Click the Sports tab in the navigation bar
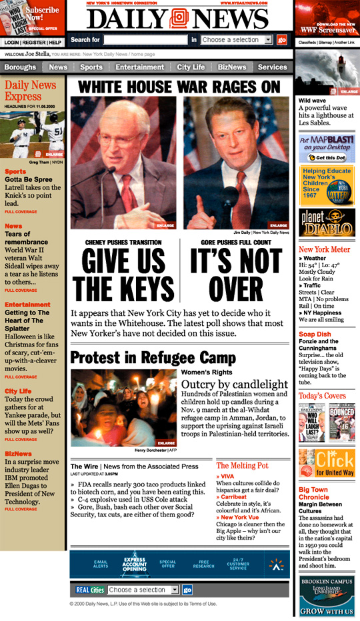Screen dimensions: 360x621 pos(91,67)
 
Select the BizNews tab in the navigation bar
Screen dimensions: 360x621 pos(231,67)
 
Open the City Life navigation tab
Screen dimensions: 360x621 pos(191,67)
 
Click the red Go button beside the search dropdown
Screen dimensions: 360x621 pos(281,40)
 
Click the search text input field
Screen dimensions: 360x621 pos(145,40)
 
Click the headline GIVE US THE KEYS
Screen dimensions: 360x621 pos(123,275)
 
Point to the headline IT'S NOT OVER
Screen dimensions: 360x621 pos(236,275)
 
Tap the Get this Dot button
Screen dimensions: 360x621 pos(326,158)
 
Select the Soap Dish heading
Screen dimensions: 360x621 pos(315,334)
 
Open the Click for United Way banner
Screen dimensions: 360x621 pos(327,463)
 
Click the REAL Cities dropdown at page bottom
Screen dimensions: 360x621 pos(143,590)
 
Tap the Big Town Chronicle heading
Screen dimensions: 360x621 pos(314,493)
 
